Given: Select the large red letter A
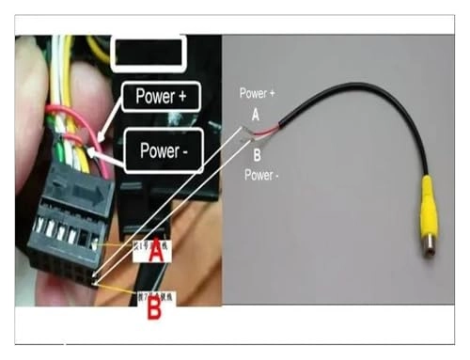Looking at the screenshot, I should pyautogui.click(x=157, y=252).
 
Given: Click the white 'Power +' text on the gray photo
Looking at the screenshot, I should pyautogui.click(x=258, y=93).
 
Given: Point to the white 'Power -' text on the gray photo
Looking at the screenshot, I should pyautogui.click(x=262, y=174).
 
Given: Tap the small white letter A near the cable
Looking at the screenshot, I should pyautogui.click(x=254, y=114).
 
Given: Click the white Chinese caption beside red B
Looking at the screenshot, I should pyautogui.click(x=133, y=292).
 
